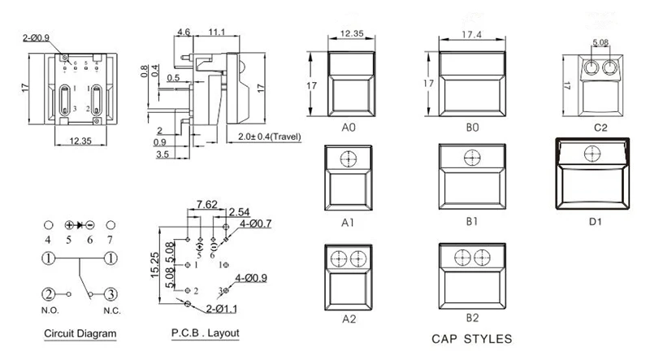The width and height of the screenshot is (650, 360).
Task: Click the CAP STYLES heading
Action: pos(471,338)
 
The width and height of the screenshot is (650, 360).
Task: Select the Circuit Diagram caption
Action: pos(80,333)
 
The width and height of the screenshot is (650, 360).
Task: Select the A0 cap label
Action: pos(349,128)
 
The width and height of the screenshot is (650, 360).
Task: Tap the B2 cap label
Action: pos(471,319)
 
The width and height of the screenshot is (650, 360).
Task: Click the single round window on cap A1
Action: pos(349,159)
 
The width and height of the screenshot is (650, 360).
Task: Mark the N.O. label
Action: pos(49,310)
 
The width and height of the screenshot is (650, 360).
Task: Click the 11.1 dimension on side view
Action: pos(216,32)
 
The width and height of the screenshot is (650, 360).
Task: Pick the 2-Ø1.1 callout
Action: pos(223,310)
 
